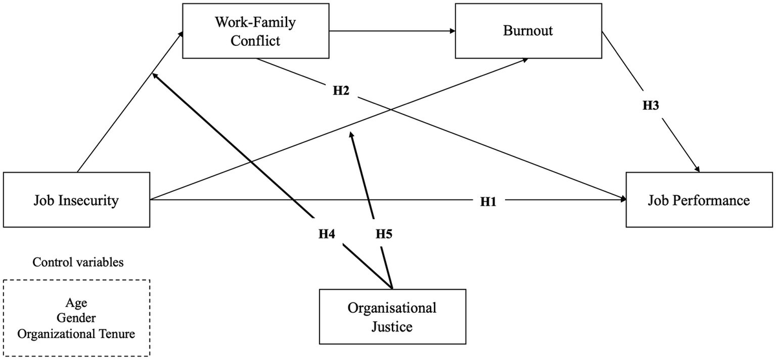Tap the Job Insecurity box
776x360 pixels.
76,200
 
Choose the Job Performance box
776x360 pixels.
699,200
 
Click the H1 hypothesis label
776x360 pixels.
488,202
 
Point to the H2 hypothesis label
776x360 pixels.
341,91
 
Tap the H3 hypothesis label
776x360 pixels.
651,105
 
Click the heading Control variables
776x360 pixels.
78,263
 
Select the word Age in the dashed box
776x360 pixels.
76,302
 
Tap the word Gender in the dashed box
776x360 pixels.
76,318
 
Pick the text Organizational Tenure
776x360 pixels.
76,334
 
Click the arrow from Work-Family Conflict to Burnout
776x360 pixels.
388,30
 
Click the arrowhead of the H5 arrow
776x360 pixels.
352,134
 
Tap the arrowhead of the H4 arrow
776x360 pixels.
155,76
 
